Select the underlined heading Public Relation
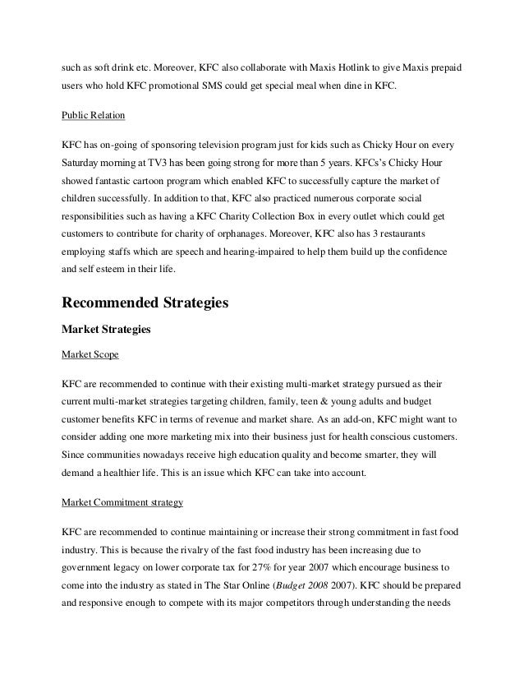pyautogui.click(x=92, y=117)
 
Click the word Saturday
pyautogui.click(x=85, y=164)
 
